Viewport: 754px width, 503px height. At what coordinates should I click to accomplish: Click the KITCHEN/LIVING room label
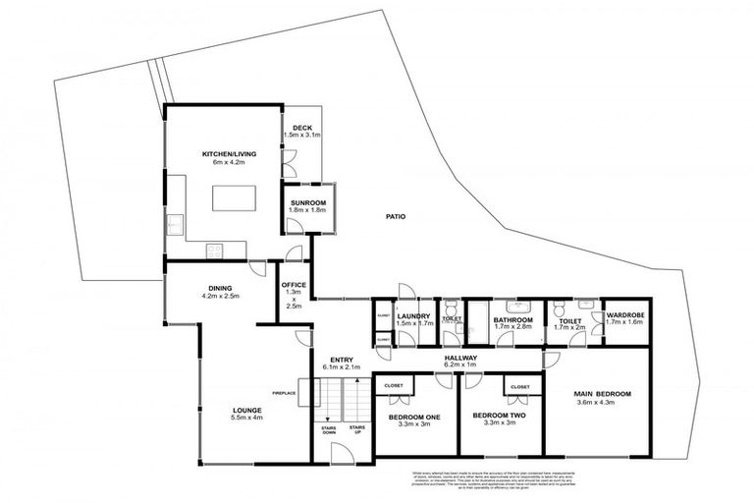pyautogui.click(x=222, y=154)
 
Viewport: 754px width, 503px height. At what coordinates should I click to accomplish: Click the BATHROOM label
pyautogui.click(x=512, y=319)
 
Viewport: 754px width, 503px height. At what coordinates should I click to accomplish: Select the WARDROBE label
pyautogui.click(x=624, y=315)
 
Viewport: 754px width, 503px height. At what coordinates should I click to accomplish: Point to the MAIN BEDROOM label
pyautogui.click(x=603, y=395)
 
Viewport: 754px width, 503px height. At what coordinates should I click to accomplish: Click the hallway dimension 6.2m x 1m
pyautogui.click(x=460, y=365)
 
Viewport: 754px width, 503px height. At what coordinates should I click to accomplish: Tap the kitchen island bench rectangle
pyautogui.click(x=233, y=196)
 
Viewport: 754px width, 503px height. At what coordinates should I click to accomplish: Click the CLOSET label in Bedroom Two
pyautogui.click(x=519, y=387)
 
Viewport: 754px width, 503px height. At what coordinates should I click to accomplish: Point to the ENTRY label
pyautogui.click(x=341, y=360)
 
